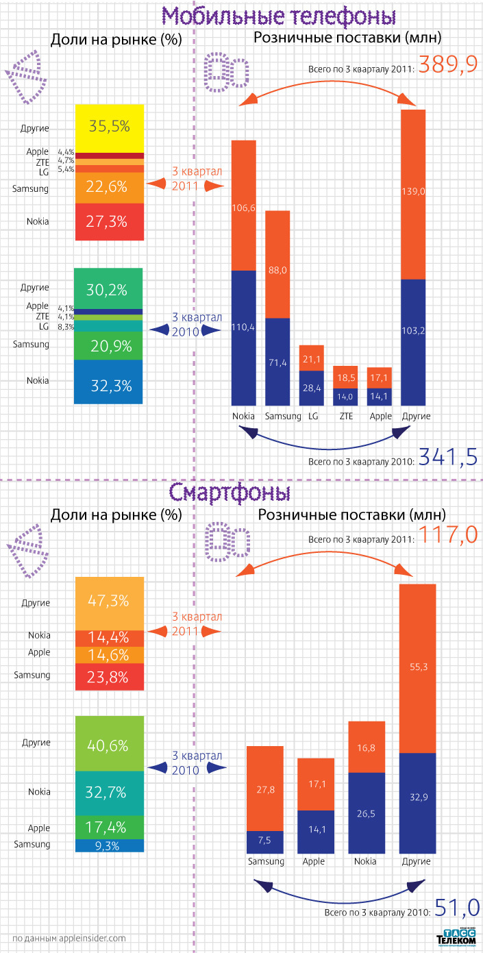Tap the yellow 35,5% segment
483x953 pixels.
tap(110, 127)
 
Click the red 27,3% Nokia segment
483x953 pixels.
tap(110, 222)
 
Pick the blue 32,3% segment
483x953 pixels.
tap(110, 385)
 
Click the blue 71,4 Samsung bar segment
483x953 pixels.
tap(277, 362)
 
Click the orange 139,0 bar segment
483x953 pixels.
tap(413, 194)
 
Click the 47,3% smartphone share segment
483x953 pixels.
tap(110, 603)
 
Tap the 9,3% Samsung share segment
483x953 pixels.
tap(110, 845)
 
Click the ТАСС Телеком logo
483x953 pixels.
tap(456, 938)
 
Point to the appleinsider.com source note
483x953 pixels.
tap(69, 938)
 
